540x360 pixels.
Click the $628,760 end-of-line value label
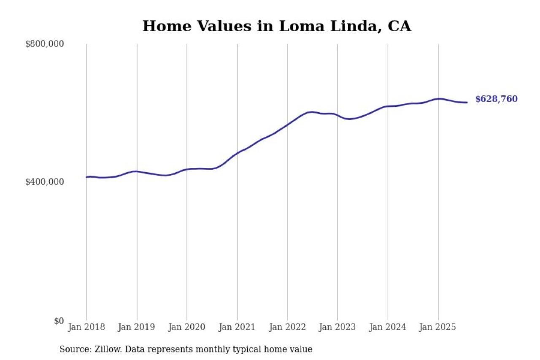coord(496,99)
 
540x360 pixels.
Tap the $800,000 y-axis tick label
coord(44,44)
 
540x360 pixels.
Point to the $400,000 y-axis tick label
coord(44,182)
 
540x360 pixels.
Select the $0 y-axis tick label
coord(59,321)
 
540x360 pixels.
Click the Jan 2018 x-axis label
coord(86,327)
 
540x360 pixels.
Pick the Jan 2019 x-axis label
coord(137,327)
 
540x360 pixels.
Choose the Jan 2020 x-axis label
coord(187,327)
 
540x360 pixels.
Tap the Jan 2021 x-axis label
coord(237,327)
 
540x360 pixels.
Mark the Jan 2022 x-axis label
coord(287,327)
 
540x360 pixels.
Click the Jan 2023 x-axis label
coord(337,327)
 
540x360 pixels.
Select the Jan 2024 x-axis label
coord(388,327)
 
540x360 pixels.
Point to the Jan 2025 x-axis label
coord(438,327)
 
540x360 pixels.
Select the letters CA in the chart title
coord(399,26)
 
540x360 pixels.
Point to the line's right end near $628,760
coord(467,103)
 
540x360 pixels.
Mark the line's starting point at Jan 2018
coord(86,177)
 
